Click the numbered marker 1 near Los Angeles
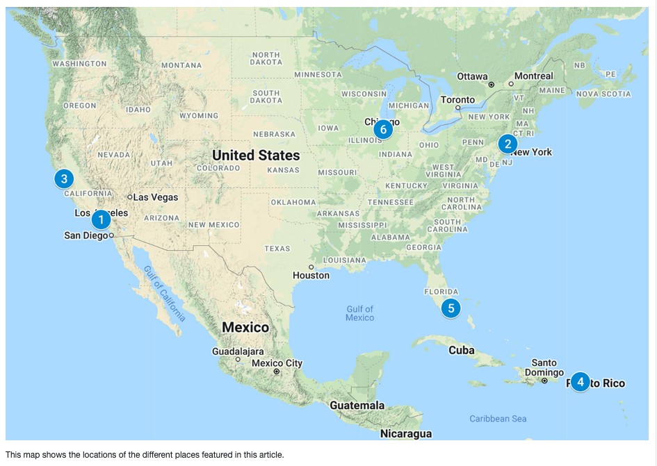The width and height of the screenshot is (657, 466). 101,220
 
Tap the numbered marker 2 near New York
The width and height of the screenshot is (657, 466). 508,144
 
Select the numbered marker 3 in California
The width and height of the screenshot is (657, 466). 64,179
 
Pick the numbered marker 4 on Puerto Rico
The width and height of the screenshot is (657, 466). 581,382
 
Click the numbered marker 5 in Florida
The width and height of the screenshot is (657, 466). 451,308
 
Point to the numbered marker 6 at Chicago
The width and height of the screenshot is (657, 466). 382,129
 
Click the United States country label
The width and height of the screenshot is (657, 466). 256,155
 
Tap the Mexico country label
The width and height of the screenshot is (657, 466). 245,327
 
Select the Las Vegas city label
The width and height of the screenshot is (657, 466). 155,197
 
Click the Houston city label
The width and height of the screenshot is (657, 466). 311,276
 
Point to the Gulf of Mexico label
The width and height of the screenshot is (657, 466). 359,313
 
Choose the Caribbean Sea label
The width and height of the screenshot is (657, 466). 498,419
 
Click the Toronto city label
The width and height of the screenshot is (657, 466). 458,99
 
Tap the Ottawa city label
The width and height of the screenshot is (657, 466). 473,76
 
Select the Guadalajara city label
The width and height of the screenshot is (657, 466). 238,351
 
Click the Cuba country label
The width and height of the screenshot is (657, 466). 461,350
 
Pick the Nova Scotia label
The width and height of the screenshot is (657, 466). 604,94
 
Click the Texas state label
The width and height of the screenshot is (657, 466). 277,249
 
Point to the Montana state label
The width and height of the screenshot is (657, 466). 181,65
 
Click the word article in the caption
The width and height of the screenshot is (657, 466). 268,455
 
